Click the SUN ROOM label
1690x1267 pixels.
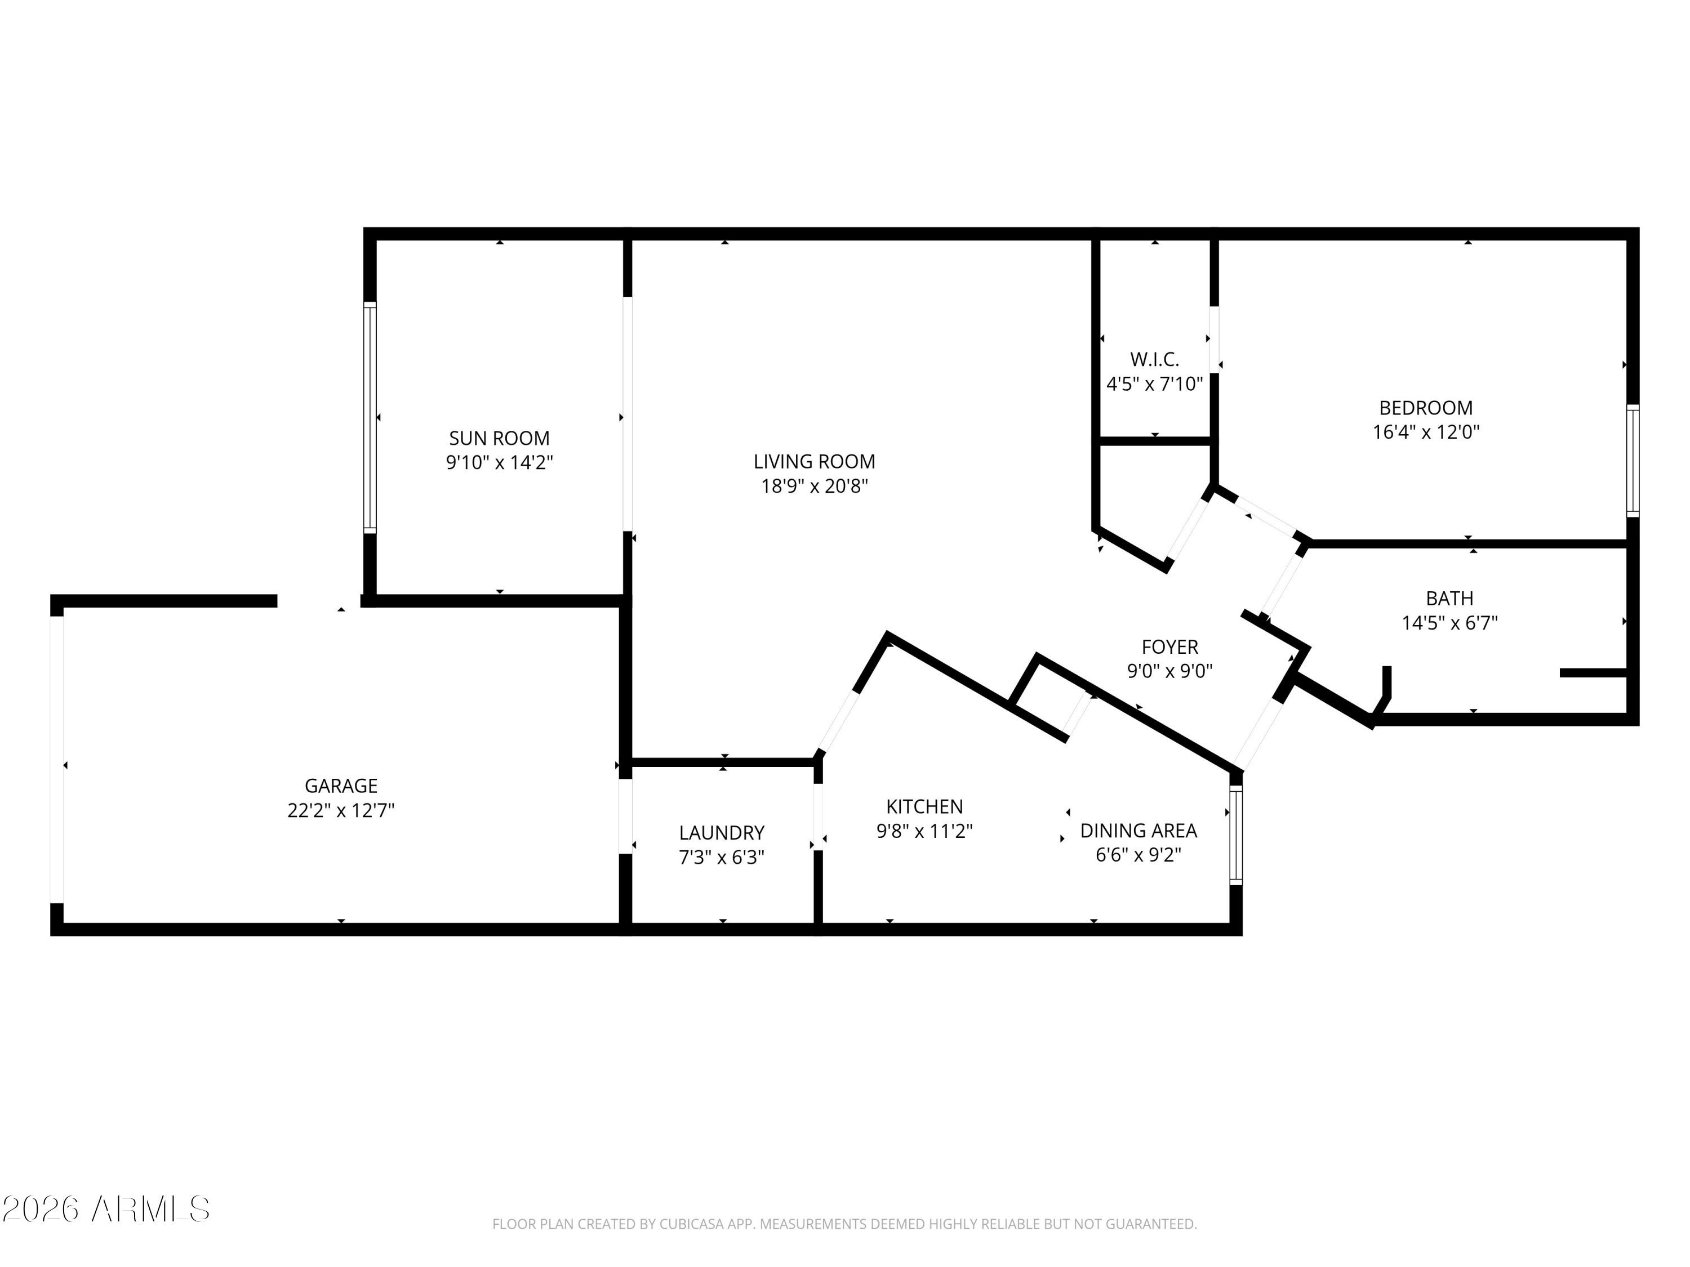[x=499, y=438]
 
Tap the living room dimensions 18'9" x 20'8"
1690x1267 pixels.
[x=815, y=486]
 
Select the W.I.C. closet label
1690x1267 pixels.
[x=1154, y=359]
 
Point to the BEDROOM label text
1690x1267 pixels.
[x=1426, y=408]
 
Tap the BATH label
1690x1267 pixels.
[x=1449, y=599]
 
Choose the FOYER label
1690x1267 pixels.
[x=1169, y=647]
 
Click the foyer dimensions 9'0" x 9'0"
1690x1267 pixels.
[x=1169, y=671]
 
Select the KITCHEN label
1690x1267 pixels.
[x=924, y=806]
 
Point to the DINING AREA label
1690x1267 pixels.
[x=1138, y=830]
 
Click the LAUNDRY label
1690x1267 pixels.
[x=722, y=832]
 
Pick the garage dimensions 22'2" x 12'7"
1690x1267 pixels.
[x=341, y=810]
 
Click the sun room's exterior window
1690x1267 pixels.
[x=370, y=418]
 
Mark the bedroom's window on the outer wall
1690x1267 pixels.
[x=1633, y=461]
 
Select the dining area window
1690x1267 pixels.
[x=1236, y=836]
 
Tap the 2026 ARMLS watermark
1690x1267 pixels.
[x=106, y=1210]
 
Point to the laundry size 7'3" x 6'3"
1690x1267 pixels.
[x=722, y=858]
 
